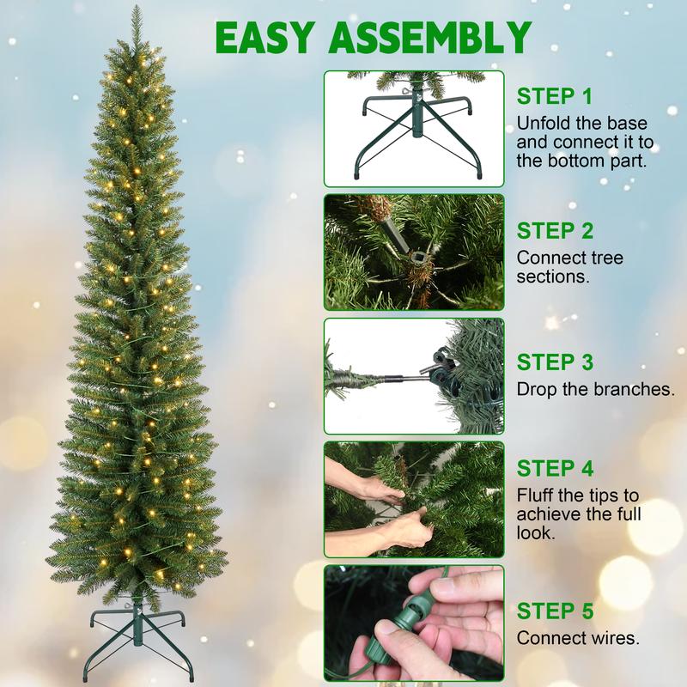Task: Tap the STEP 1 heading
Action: tap(555, 95)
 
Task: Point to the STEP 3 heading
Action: tap(555, 362)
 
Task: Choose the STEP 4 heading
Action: tap(555, 469)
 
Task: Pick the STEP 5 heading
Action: tap(555, 611)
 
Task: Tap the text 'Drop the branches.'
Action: tap(595, 389)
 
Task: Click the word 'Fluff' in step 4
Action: tap(535, 495)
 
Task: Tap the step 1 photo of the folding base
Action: tap(413, 129)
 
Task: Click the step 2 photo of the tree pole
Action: tap(413, 252)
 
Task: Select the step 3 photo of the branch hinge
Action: tap(413, 376)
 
